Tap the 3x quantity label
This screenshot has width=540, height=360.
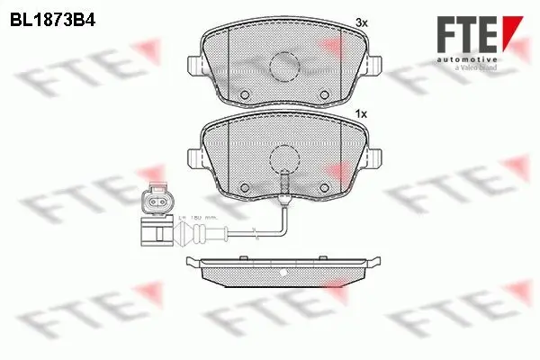[x=362, y=21]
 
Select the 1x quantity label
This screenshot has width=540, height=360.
[x=362, y=114]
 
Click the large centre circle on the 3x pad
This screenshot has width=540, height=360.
[x=284, y=65]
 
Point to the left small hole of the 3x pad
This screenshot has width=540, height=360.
[x=245, y=95]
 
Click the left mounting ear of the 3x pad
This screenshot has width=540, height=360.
[x=195, y=66]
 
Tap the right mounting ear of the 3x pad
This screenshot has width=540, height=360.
[x=373, y=66]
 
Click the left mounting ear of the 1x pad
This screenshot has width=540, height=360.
[x=195, y=158]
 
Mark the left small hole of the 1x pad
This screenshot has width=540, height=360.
[x=245, y=187]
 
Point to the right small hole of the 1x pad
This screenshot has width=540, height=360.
[x=324, y=187]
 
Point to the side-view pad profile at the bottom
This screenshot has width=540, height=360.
[x=284, y=271]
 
